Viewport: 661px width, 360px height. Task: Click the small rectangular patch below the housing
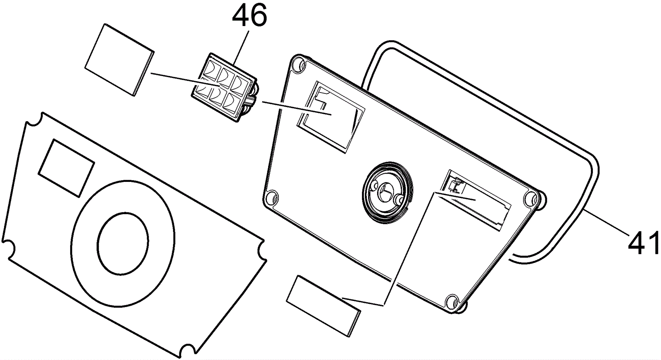[323, 305]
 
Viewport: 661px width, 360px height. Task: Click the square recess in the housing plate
[331, 116]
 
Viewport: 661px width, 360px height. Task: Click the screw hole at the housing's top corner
[297, 64]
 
